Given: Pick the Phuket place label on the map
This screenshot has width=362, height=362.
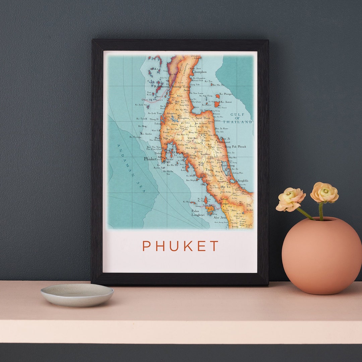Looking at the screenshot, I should [x=150, y=159].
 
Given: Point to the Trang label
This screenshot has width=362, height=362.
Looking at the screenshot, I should [x=209, y=170].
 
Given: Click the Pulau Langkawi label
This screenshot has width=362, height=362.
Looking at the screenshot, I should [x=198, y=213].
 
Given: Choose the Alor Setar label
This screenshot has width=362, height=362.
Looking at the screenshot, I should [x=221, y=218].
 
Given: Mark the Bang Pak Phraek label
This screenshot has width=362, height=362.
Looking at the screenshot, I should [x=235, y=146].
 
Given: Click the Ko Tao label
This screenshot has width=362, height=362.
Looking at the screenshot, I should [x=208, y=81].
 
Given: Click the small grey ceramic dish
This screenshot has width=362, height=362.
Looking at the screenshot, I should [x=77, y=294].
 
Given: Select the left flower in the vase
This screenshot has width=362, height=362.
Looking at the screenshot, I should [x=290, y=199].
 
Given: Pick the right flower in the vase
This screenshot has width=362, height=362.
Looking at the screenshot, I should [x=324, y=193].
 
